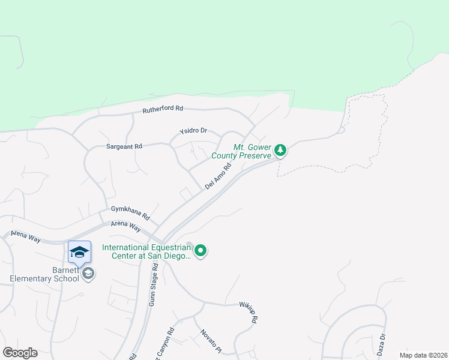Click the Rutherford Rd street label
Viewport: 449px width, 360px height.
point(162,110)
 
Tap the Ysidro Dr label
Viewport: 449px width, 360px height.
point(193,130)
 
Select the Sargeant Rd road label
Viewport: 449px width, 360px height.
point(124,146)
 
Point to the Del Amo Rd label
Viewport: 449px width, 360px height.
point(218,178)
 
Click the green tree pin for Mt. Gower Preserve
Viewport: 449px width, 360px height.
point(280,150)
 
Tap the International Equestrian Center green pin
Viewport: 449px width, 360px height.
point(201,250)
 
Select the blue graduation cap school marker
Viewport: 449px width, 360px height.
point(79,252)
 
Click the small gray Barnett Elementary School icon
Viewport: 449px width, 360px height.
point(88,274)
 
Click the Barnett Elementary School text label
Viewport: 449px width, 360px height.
point(44,274)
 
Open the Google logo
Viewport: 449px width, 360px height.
point(20,352)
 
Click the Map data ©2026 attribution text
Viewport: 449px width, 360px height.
point(423,355)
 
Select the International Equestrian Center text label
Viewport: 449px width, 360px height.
point(146,251)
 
